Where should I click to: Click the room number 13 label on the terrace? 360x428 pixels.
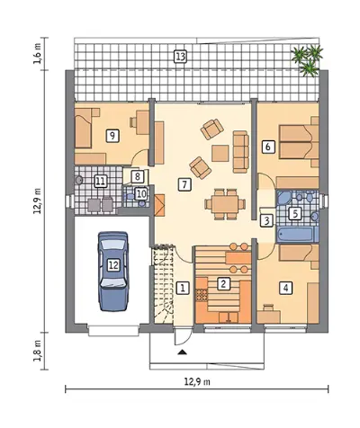180,57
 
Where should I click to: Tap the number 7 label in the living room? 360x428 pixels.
184,184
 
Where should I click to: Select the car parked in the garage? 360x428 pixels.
113,272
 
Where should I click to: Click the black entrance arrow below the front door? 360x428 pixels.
182,352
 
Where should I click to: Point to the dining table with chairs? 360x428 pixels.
225,204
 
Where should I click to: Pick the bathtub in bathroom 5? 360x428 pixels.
298,235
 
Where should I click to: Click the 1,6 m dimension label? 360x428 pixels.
38,53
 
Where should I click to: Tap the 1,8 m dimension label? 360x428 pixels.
38,350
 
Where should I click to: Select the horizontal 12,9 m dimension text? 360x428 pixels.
197,382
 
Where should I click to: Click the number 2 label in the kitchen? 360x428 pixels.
222,283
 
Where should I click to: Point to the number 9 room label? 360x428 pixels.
112,136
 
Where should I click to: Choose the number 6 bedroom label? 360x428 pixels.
268,147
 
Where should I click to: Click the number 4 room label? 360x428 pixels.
285,288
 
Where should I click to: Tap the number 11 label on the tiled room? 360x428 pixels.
101,181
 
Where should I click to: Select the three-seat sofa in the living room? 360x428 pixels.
241,152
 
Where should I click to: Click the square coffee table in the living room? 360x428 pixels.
220,154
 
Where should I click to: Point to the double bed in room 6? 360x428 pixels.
299,141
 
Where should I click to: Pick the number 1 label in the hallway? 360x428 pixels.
183,288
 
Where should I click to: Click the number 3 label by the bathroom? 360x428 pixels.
266,220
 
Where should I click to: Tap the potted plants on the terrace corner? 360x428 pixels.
308,60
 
